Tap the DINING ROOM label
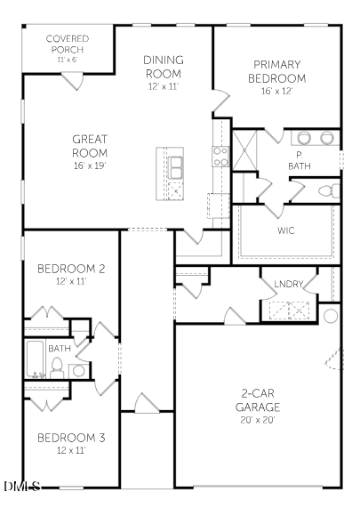click(163, 67)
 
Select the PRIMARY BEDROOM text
click(276, 71)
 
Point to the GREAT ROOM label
click(90, 146)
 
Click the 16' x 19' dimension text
click(90, 166)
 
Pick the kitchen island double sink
click(175, 165)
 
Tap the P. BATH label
click(300, 161)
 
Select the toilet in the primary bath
click(327, 190)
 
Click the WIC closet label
click(285, 230)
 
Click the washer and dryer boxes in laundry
click(291, 310)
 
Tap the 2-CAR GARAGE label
click(257, 399)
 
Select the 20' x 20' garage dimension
click(257, 420)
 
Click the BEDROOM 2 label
click(71, 268)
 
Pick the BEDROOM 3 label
click(71, 438)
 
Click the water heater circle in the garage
click(332, 316)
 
